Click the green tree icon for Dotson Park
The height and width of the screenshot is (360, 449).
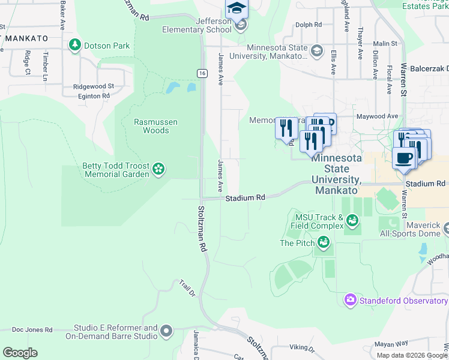click(75, 44)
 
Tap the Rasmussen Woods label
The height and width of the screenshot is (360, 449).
click(155, 126)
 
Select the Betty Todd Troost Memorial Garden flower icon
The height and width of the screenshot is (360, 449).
click(158, 170)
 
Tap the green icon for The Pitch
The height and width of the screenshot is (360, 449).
click(324, 242)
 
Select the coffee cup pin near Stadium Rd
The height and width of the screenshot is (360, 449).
click(404, 158)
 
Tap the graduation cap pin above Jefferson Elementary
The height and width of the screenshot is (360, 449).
click(236, 8)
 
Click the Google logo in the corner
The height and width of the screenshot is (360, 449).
click(20, 353)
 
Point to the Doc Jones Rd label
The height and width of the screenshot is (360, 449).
click(32, 330)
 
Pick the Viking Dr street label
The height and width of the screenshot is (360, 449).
click(302, 348)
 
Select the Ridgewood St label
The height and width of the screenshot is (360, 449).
click(93, 86)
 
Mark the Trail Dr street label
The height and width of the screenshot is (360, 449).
click(188, 288)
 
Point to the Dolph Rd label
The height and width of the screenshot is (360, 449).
click(309, 25)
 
